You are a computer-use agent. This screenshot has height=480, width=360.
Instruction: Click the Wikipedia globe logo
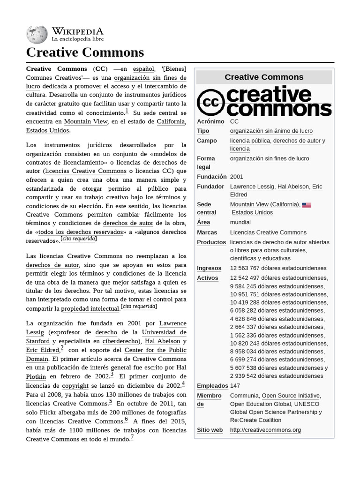(37, 35)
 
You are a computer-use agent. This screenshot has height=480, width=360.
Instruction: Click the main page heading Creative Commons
(85, 52)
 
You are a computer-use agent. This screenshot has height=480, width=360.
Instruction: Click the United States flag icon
(307, 205)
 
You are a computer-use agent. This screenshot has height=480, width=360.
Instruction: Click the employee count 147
(235, 386)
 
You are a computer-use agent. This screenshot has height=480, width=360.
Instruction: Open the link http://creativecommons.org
(265, 430)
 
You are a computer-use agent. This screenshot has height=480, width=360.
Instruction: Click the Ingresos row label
(209, 268)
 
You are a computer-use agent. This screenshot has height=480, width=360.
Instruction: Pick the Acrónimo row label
(210, 121)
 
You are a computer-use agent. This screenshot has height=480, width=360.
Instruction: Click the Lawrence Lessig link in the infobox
(252, 187)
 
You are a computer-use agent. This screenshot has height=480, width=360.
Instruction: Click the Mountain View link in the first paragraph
(86, 121)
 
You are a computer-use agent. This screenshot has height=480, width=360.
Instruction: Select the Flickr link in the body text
(48, 412)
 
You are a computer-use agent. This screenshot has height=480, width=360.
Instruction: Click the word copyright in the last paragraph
(75, 386)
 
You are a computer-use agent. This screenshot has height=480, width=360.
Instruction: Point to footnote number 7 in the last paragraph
(132, 437)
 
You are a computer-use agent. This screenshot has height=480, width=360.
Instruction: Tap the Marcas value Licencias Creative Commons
(268, 232)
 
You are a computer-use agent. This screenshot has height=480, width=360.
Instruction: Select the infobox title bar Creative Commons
(264, 77)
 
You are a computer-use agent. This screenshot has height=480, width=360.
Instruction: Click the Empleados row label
(212, 386)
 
